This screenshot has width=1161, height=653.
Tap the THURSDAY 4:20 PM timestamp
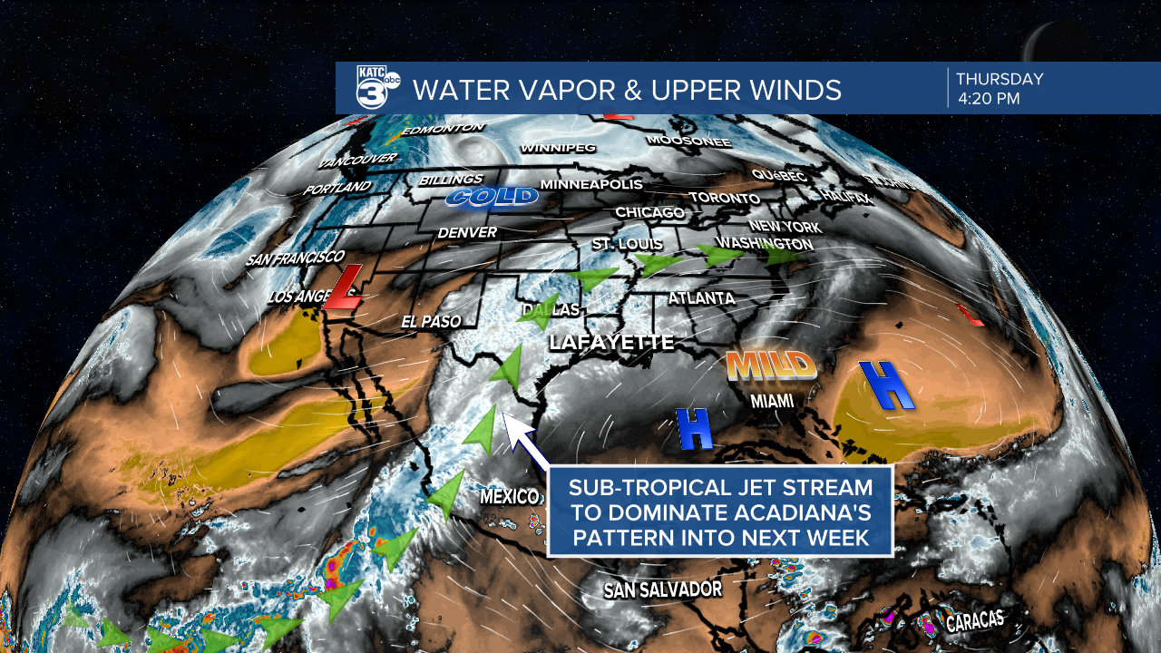[x=999, y=89]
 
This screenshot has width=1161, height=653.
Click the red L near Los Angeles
[x=345, y=288]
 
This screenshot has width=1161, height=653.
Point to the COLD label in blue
[x=492, y=198]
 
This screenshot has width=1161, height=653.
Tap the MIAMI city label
[x=771, y=401]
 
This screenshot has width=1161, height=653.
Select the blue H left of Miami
[x=695, y=429]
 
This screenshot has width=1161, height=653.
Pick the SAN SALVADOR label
[x=663, y=590]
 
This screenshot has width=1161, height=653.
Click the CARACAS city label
[x=975, y=621]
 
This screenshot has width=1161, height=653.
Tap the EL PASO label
[x=432, y=321]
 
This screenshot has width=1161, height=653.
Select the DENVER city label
[x=467, y=233]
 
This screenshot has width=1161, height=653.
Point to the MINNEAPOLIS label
[x=590, y=184]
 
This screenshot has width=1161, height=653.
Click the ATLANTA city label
[x=701, y=298]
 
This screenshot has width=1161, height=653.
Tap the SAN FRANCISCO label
[x=295, y=258]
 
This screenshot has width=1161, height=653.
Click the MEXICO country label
[x=510, y=496]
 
